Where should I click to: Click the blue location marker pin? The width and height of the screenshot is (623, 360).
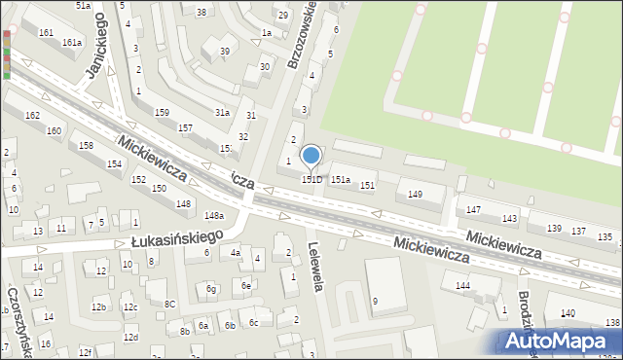[x=311, y=157]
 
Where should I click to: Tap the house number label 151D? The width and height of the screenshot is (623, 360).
[x=311, y=180]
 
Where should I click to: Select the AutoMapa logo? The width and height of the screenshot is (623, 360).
[x=561, y=342]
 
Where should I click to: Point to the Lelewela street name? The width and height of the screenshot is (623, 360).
[x=314, y=266]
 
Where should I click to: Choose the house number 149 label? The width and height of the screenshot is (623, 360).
[x=415, y=195]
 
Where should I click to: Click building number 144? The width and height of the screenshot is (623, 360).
[x=463, y=285]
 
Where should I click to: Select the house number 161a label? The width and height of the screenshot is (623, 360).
[x=72, y=43]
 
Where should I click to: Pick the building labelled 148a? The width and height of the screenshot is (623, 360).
[x=214, y=215]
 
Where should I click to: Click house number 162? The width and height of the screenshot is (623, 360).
[x=32, y=116]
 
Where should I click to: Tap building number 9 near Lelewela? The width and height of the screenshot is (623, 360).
[x=376, y=301]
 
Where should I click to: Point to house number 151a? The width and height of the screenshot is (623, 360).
[x=341, y=180]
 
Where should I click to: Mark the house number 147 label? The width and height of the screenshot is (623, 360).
[x=474, y=210]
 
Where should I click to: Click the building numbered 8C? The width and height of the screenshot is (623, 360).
[x=169, y=304]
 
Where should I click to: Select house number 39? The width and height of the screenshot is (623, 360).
[x=225, y=51]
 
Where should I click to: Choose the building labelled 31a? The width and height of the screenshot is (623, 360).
[x=222, y=113]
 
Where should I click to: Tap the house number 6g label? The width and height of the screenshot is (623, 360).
[x=211, y=289]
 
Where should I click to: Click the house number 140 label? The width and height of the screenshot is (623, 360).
[x=568, y=312]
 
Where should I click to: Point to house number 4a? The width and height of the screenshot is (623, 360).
[x=236, y=253]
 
